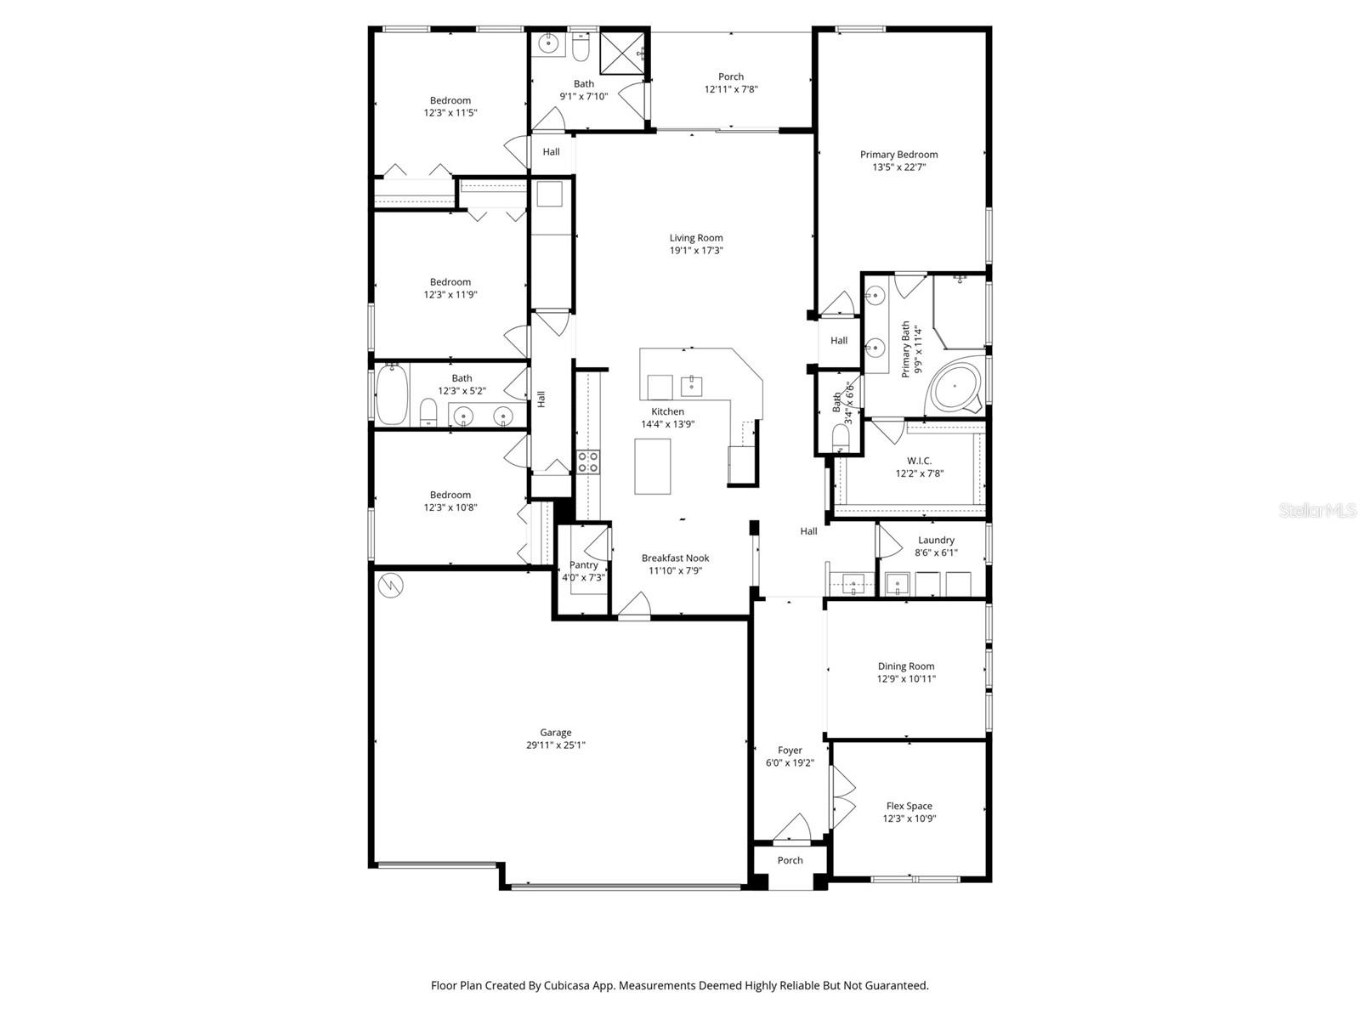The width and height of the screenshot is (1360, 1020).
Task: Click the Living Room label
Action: coord(695,238)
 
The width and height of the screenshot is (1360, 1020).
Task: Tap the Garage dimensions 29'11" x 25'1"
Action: coord(556,745)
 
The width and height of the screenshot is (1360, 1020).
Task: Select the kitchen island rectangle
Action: coord(652,466)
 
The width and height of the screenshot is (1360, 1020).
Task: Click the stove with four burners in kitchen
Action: coord(588,462)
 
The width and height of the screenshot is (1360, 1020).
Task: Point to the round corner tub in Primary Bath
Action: coord(955,388)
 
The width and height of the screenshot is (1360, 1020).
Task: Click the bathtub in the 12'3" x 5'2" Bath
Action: coord(392,395)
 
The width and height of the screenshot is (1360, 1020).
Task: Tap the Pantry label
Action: coord(583,565)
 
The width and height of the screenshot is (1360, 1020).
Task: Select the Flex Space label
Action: coord(909,806)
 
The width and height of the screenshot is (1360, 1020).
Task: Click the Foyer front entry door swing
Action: coord(793,828)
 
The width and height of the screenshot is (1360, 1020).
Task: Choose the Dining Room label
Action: coord(905,666)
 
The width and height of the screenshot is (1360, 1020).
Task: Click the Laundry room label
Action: coord(936,540)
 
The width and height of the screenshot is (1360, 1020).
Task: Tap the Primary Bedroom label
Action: coord(898,155)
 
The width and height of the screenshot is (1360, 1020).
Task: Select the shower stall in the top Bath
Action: coord(624,53)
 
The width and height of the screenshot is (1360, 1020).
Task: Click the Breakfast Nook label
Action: coord(675,558)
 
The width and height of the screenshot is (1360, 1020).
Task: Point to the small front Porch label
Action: coord(790,860)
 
